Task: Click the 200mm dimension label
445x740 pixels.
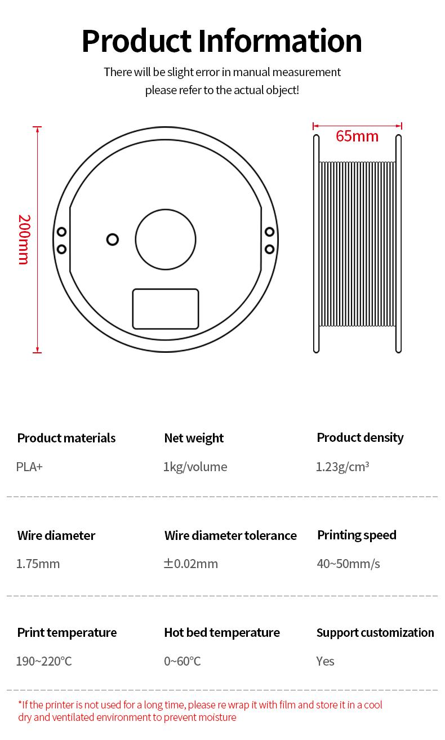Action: tap(24, 240)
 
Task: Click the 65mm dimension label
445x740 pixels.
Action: tap(357, 136)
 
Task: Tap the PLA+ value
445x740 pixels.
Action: tap(29, 467)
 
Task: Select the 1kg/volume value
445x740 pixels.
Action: tap(195, 467)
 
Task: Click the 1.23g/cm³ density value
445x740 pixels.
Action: tap(342, 467)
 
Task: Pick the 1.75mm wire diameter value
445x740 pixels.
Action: tap(38, 564)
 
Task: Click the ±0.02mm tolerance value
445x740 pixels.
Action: tap(191, 564)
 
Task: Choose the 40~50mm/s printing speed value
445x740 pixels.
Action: tap(348, 564)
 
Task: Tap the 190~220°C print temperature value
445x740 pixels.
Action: tap(44, 661)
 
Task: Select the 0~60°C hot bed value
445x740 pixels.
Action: tap(183, 661)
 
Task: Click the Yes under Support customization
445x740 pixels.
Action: tap(325, 661)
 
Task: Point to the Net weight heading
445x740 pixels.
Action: tap(194, 438)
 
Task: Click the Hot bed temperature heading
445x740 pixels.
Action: tap(222, 632)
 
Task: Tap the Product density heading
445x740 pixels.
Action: tap(360, 438)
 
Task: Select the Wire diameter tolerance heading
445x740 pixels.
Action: tap(230, 535)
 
